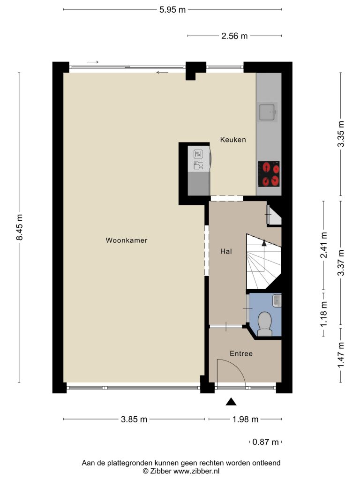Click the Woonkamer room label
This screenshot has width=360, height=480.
[x=127, y=240]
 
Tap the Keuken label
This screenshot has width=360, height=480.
[x=233, y=140]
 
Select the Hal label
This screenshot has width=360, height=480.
[x=226, y=251]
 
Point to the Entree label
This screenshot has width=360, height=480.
[x=241, y=353]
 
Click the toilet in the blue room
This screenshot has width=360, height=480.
[x=264, y=324]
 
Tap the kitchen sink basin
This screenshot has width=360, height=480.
[x=267, y=112]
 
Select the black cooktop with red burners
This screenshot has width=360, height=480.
[x=269, y=174]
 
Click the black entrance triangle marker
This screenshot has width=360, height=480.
[x=231, y=402]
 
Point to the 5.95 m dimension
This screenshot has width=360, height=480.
[x=172, y=9]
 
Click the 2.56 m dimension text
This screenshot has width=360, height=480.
[x=234, y=36]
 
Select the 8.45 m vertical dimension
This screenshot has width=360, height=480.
[x=19, y=227]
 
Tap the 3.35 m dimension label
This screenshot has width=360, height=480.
[x=341, y=134]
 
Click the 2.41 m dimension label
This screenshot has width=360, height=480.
[x=323, y=245]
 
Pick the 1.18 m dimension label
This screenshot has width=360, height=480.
[x=323, y=314]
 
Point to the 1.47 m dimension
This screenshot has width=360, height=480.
[x=341, y=355]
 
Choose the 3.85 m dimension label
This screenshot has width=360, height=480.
[x=134, y=419]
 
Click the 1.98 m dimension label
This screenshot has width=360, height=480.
[x=245, y=419]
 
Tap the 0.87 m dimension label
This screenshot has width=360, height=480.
[x=265, y=442]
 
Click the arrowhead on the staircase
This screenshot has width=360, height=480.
[x=264, y=243]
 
